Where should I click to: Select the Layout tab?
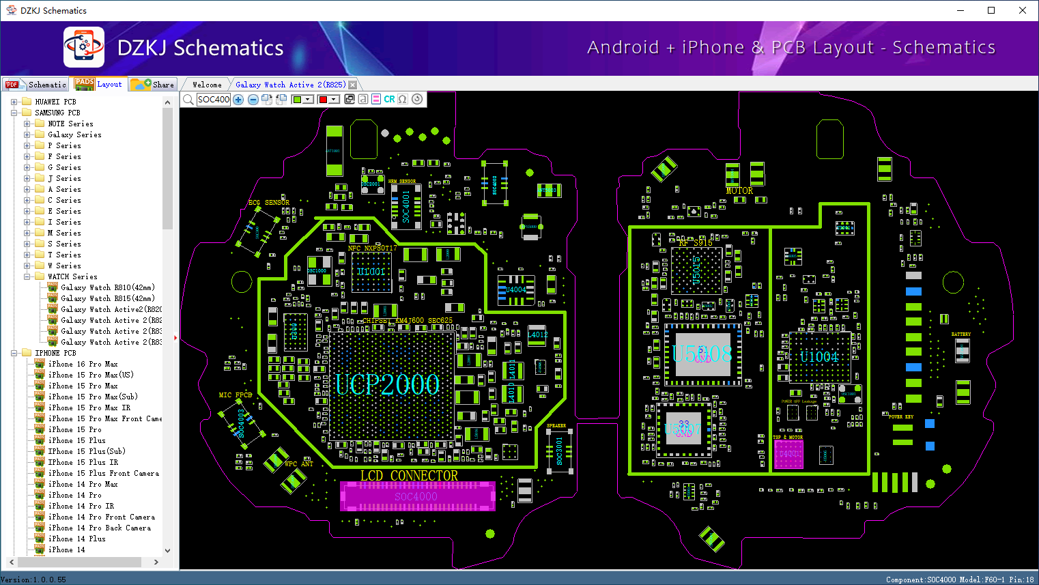100,84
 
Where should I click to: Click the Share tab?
154,85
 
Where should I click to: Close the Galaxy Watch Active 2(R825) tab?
353,85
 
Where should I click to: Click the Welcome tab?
207,85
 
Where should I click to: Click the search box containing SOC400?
214,100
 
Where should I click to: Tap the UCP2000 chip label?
387,385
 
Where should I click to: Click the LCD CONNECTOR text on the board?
409,476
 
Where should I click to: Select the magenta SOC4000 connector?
416,496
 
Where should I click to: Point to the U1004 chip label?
819,356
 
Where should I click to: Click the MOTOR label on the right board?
739,191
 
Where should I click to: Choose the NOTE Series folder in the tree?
70,124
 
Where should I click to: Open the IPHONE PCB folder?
55,353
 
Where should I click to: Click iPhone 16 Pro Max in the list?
83,364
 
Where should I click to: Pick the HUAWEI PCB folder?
55,102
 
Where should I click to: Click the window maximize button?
991,10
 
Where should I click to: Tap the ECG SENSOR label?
268,203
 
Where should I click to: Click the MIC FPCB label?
236,395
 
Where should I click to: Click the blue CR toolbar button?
389,100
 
